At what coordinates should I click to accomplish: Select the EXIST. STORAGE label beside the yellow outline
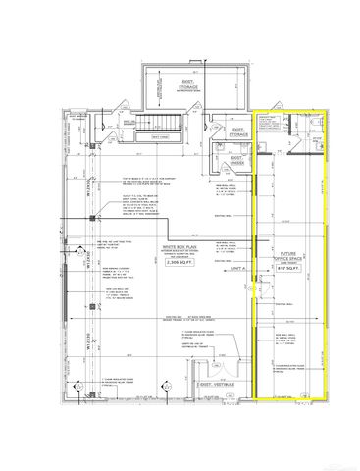(236, 131)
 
